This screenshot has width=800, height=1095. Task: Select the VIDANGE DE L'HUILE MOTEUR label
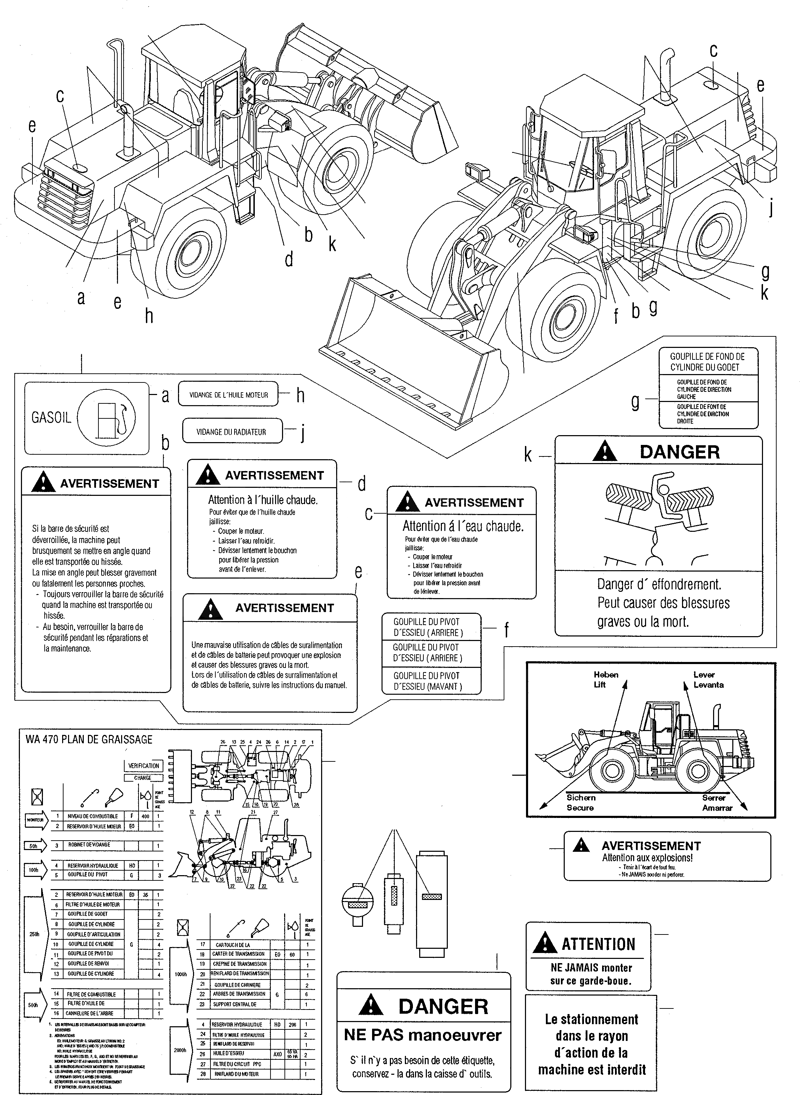pos(229,395)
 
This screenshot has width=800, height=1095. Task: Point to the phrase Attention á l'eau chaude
pos(462,526)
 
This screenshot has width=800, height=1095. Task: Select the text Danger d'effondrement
pos(659,584)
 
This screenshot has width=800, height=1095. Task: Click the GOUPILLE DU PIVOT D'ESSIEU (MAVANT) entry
pos(428,680)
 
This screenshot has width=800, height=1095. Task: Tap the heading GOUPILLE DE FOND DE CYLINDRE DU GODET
pos(707,362)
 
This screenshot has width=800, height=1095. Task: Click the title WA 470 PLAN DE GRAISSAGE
pos(89,739)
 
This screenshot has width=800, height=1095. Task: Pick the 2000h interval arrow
pos(180,1050)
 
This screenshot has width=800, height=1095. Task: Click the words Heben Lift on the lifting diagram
pos(605,679)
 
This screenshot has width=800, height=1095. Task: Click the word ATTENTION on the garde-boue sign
pos(598,944)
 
